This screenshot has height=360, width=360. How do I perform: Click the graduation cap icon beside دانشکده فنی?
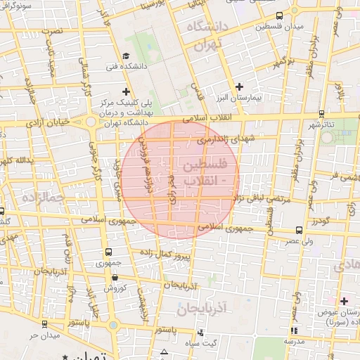(126, 56)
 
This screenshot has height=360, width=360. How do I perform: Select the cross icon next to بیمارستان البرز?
(240, 86)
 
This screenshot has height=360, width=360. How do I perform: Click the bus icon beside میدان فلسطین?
(280, 15)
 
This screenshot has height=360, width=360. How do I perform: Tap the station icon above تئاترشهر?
(321, 113)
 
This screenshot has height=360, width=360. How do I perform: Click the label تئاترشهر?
(323, 124)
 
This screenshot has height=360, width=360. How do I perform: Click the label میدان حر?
(42, 335)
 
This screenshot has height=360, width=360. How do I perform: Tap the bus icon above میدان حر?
(45, 324)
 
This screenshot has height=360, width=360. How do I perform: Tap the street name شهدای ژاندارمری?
(224, 141)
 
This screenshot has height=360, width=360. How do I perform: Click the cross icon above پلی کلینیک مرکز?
(126, 91)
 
